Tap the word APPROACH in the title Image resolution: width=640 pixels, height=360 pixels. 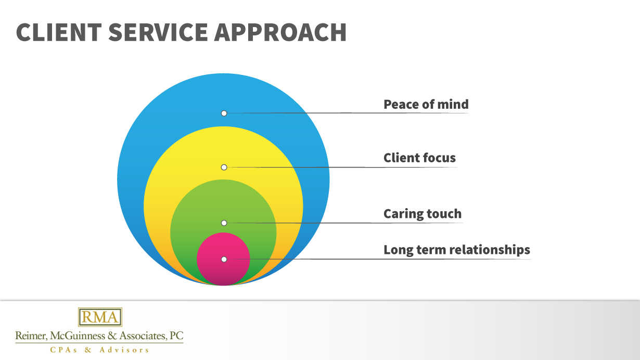click(280, 32)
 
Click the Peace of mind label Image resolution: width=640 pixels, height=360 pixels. click(426, 105)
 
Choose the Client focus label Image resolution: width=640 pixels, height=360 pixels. click(419, 158)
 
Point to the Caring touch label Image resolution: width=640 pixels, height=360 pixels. click(422, 214)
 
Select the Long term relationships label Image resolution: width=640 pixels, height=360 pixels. click(456, 250)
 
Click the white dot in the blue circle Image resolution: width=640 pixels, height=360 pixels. click(224, 113)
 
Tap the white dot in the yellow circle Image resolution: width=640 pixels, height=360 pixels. click(224, 167)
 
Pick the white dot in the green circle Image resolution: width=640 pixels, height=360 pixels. click(224, 223)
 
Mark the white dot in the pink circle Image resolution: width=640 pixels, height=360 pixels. click(224, 259)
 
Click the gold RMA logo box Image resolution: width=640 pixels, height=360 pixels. click(100, 317)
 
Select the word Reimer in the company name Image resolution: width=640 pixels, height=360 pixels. click(29, 336)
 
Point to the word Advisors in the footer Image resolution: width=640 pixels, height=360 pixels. click(124, 350)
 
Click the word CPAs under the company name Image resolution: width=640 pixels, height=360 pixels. click(62, 350)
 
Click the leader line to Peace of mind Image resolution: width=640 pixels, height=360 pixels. click(302, 112)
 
